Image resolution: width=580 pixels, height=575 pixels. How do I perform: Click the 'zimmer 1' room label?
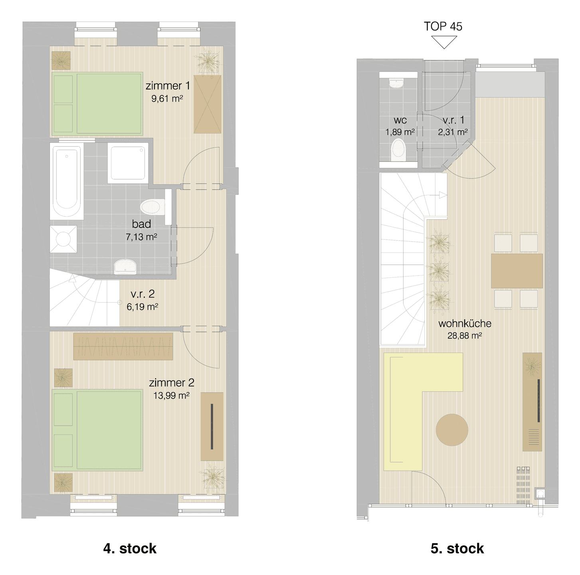click(x=168, y=86)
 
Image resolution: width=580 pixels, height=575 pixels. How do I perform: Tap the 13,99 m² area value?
click(x=171, y=395)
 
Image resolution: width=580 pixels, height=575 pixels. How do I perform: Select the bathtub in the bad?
click(x=67, y=181)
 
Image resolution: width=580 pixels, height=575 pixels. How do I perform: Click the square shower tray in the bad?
click(x=128, y=163)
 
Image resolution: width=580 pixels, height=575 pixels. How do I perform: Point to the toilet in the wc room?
click(x=398, y=150)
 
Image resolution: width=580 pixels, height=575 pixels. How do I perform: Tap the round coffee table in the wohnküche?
click(x=452, y=430)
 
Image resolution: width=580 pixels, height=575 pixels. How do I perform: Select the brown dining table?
click(x=517, y=271)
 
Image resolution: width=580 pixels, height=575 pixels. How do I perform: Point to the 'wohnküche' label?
click(x=465, y=323)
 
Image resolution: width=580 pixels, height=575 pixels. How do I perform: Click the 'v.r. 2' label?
click(x=143, y=293)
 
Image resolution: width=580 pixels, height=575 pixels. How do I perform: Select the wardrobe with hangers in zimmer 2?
click(x=123, y=346)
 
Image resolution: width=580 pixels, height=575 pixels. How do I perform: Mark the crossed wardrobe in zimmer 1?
click(x=208, y=104)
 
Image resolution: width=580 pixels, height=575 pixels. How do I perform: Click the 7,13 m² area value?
click(x=141, y=237)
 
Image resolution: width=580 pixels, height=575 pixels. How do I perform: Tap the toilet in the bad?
click(x=153, y=207)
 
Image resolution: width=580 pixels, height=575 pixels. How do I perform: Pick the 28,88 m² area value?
click(x=464, y=335)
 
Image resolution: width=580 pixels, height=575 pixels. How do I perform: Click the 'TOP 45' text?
click(x=443, y=26)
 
